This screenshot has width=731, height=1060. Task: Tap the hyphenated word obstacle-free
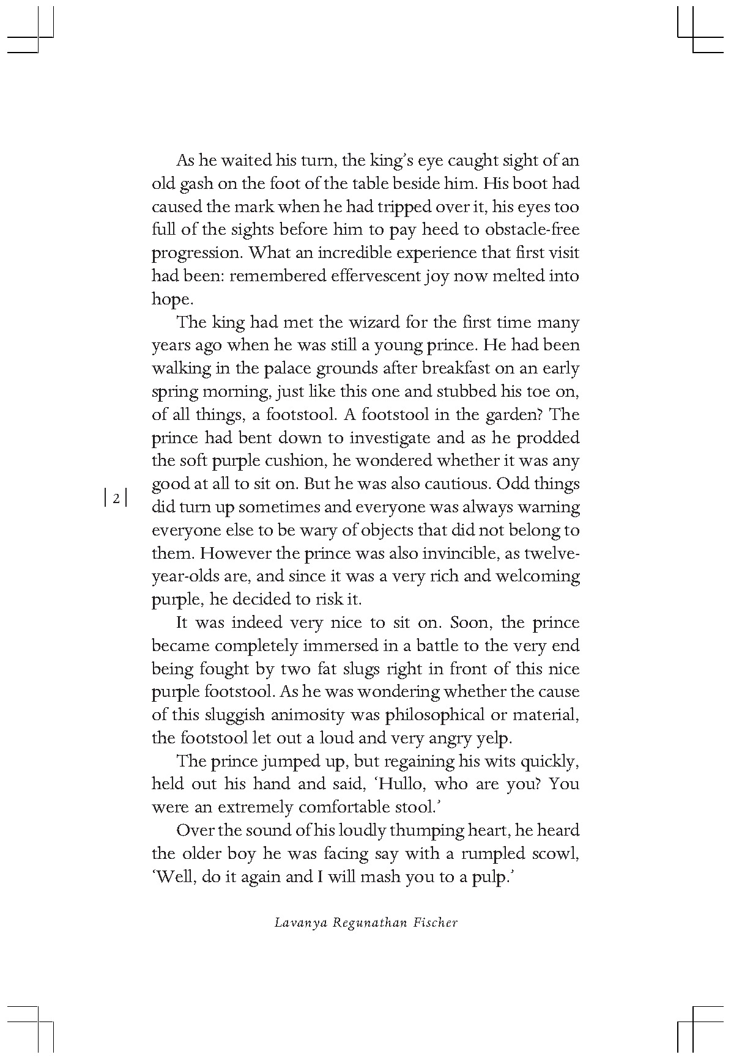(x=532, y=230)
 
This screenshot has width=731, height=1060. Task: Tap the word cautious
(x=451, y=484)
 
